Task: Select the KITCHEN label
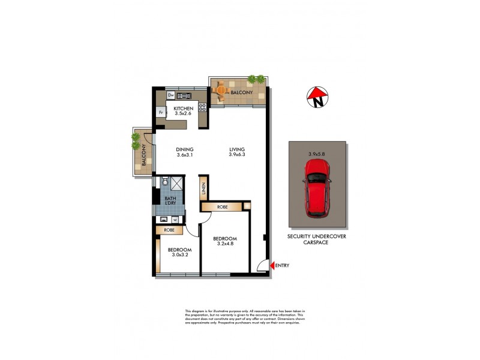pos(184,108)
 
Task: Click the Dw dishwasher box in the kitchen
pos(170,95)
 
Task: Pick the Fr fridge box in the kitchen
pos(161,113)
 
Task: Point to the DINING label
pos(184,150)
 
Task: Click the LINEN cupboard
pos(204,189)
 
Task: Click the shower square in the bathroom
pos(178,183)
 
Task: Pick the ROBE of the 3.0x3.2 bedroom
pos(169,230)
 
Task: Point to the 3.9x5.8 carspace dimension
pos(317,154)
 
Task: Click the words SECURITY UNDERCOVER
pos(317,236)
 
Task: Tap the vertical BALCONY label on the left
pos(144,157)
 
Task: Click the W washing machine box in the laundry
pos(175,219)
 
